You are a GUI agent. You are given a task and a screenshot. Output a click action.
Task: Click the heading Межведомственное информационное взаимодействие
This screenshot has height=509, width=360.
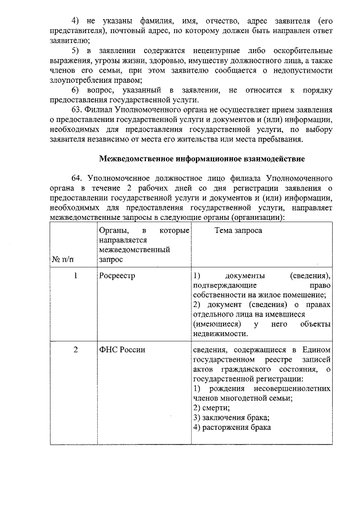point(202,159)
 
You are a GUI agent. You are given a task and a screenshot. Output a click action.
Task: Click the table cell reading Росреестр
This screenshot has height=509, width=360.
point(117,276)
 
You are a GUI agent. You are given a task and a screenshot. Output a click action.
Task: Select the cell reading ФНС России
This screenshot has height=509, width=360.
point(122,350)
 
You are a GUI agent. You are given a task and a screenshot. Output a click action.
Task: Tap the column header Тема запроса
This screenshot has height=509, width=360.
point(238,230)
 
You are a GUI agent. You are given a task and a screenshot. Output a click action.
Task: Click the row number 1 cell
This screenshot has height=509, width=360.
point(76,275)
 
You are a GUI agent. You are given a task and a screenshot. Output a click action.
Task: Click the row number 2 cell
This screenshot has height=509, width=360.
point(76,350)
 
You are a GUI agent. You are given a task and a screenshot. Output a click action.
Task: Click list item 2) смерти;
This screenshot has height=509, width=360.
point(211,408)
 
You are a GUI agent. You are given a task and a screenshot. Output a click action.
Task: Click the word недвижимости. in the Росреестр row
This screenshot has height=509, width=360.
point(220,334)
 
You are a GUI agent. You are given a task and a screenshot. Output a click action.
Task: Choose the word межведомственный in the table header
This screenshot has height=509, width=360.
point(134,250)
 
